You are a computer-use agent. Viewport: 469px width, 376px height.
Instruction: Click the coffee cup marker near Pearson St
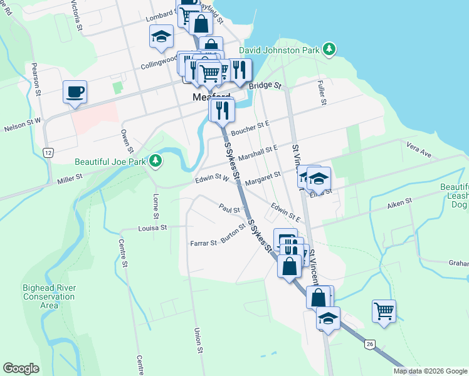pos(75,92)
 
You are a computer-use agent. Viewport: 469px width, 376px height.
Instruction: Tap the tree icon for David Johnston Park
pos(329,49)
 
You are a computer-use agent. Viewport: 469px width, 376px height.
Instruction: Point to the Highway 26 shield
pos(369,343)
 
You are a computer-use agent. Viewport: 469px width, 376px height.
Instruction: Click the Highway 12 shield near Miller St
pos(48,152)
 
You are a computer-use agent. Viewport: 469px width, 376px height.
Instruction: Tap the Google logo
pos(21,368)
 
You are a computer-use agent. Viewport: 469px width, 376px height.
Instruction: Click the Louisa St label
pos(153,228)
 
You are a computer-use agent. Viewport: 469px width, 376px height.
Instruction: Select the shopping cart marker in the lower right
pos(384,310)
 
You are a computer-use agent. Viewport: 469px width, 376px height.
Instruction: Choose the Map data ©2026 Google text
pos(430,371)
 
